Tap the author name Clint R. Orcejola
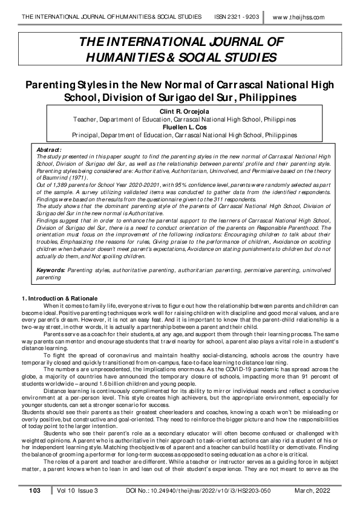point(178,112)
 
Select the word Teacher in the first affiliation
point(85,120)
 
